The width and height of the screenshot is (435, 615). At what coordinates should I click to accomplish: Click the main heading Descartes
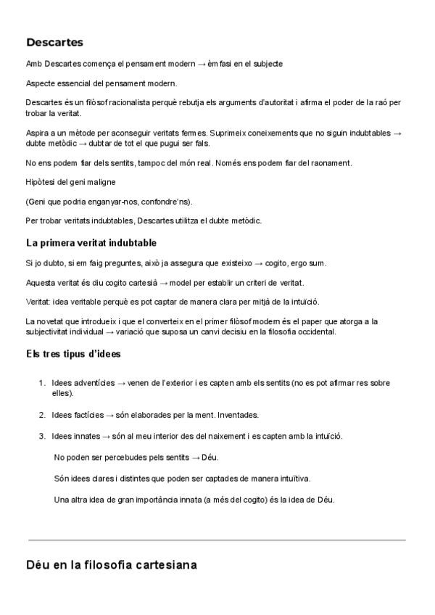coord(54,43)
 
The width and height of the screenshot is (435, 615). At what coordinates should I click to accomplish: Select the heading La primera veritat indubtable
coord(91,242)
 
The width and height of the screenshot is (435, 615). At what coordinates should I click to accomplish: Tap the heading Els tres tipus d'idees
coord(73,354)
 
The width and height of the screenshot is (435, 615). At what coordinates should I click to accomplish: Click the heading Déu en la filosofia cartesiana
coord(111,564)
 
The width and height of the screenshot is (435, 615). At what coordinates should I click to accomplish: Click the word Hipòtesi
coord(41,181)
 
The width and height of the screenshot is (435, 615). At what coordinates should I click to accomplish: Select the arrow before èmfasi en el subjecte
coord(201,64)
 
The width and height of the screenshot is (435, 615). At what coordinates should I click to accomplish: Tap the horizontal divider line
coord(217,540)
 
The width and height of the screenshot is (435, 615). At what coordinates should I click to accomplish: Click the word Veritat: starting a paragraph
coord(38,301)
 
